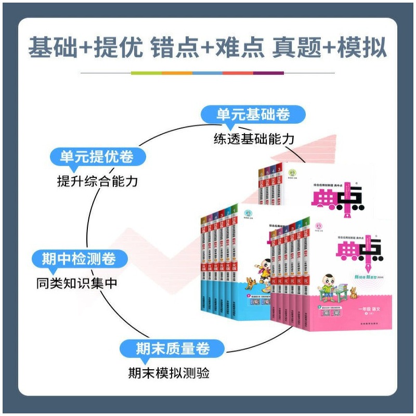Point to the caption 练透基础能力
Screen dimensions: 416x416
pyautogui.click(x=254, y=139)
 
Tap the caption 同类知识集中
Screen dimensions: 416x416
pyautogui.click(x=77, y=283)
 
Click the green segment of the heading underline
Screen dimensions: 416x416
pyautogui.click(x=146, y=73)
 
